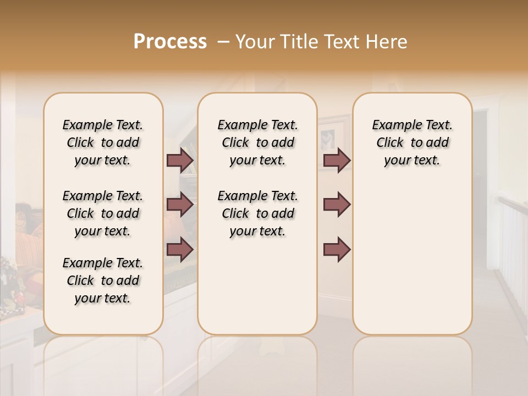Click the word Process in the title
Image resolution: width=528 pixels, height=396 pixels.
tap(170, 42)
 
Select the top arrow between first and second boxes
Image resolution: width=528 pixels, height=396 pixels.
tap(180, 161)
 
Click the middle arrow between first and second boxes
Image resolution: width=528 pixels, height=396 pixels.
tap(180, 205)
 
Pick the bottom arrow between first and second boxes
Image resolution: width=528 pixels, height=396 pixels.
tap(180, 250)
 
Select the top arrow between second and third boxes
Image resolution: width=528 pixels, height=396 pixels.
tap(337, 161)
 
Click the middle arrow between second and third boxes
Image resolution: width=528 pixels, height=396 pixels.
tap(337, 205)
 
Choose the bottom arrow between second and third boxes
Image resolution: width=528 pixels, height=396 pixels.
tap(337, 250)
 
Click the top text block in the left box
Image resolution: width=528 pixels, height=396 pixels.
tap(103, 142)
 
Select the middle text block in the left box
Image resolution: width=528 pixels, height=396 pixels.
tap(103, 213)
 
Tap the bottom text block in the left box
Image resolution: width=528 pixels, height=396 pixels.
tap(103, 280)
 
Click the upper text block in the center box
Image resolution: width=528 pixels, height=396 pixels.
tap(257, 142)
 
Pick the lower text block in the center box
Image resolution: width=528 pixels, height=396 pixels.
tap(257, 213)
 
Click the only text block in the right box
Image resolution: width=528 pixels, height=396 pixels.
tap(412, 142)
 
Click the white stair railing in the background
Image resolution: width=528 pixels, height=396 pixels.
tap(510, 242)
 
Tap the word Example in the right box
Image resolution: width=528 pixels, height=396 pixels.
tap(392, 125)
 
